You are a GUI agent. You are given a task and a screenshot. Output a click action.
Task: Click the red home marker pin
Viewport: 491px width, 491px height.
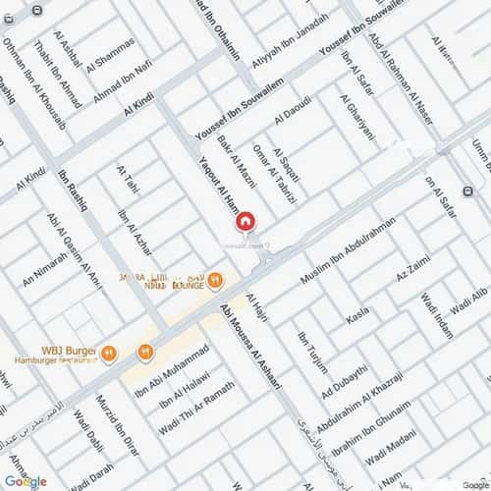click(x=246, y=223)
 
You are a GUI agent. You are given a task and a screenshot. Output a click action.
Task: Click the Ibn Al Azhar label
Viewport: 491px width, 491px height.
click(x=133, y=233)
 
